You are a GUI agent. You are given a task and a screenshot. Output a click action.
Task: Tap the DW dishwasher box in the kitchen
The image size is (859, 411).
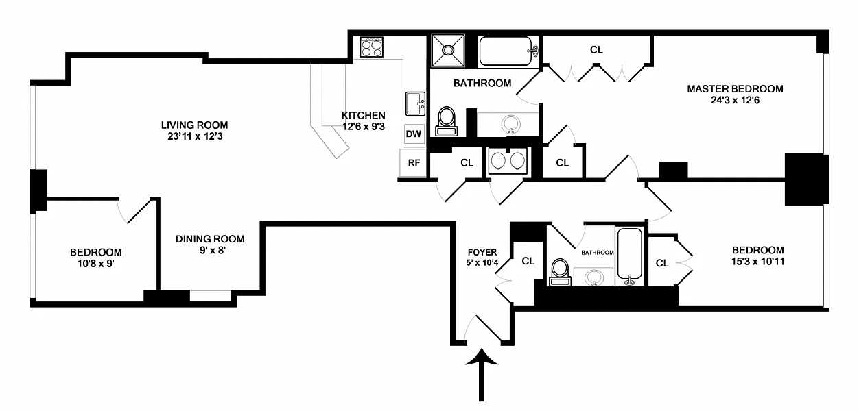(x=414, y=134)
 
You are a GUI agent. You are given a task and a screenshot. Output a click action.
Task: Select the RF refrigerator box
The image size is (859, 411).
(x=414, y=163)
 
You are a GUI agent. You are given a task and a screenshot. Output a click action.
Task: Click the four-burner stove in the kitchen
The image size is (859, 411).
(x=372, y=49)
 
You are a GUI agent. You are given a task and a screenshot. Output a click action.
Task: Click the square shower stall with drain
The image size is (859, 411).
(x=449, y=50)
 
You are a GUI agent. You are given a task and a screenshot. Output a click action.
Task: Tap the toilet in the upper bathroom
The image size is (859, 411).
(x=447, y=121)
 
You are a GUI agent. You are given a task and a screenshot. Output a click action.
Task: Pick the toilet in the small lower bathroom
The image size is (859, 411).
(x=561, y=271)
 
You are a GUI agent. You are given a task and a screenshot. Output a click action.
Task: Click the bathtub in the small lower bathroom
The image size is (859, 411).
(x=629, y=256)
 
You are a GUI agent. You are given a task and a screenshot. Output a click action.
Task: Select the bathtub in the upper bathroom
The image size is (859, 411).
(x=507, y=51)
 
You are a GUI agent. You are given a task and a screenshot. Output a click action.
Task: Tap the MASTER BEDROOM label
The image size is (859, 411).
(x=735, y=89)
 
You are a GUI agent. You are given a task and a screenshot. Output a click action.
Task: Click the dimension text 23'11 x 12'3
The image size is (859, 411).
(x=194, y=136)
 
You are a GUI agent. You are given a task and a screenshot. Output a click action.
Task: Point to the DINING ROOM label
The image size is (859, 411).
(x=210, y=239)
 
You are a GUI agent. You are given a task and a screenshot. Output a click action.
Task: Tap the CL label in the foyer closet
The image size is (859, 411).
(x=528, y=261)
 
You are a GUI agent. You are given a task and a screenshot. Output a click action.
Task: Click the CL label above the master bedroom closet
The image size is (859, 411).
(x=596, y=49)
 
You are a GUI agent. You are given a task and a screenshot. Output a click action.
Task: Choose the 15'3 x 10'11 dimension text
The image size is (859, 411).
(x=757, y=261)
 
